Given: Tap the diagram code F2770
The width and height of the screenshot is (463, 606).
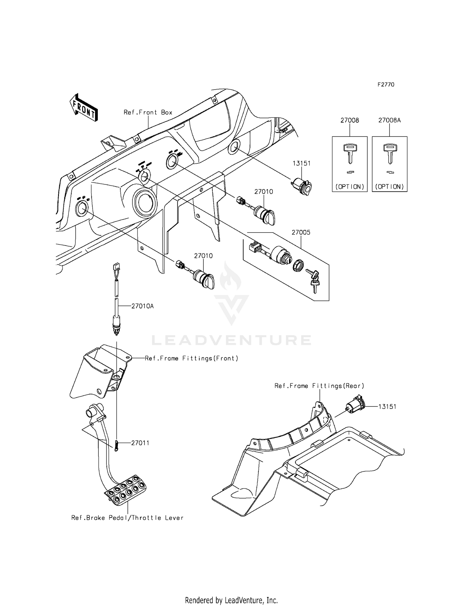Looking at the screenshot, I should point(386,85).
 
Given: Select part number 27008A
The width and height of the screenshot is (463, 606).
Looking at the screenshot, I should point(390,120).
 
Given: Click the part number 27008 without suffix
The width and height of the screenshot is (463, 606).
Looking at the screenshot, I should point(350,120).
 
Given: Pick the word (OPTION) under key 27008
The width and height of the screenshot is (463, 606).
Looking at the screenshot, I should point(350,187).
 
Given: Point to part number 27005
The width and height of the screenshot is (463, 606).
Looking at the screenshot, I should point(301,233).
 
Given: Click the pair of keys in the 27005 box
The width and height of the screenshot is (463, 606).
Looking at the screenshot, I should point(314,280).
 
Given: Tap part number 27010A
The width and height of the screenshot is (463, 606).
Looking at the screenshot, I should point(143,306).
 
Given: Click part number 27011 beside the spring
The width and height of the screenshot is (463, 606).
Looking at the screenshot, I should point(140,443).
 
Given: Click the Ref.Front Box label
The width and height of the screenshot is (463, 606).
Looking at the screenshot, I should point(148,112).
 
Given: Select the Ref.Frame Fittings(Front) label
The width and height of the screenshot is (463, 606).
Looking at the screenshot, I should point(191,358).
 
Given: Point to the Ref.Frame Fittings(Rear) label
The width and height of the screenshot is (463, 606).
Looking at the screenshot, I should point(319,386).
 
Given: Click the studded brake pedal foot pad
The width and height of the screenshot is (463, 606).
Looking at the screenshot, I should point(126,490).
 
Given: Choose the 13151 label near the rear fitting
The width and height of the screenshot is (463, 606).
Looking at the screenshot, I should point(388,407).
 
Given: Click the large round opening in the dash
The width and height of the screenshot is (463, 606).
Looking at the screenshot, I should point(144,202).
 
